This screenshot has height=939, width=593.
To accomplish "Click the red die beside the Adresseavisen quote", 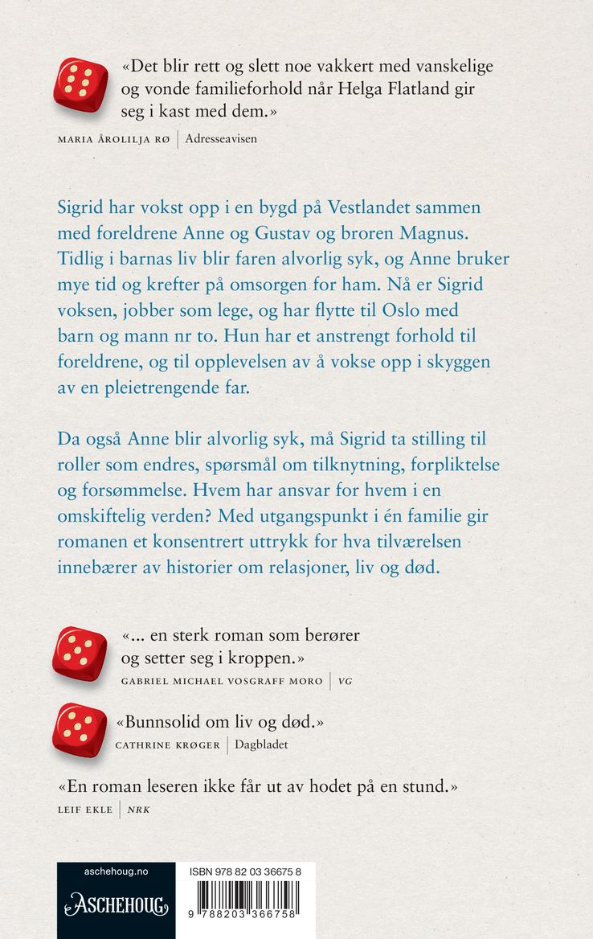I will click(80, 84).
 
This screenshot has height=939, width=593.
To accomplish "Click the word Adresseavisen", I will click(222, 139).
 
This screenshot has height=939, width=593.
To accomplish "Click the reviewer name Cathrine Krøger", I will click(168, 745).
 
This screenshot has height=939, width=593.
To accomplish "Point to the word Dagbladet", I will click(261, 745).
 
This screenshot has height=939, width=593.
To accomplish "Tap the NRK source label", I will click(138, 809).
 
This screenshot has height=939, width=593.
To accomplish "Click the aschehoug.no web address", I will click(116, 872).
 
